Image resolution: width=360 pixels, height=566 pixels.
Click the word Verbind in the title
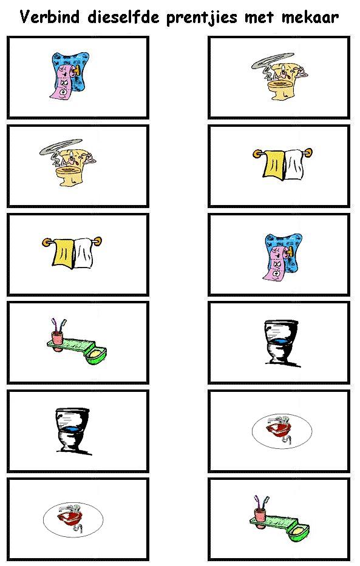click(x=49, y=17)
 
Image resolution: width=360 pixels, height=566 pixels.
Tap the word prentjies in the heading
click(x=202, y=18)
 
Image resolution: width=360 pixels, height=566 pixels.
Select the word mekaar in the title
click(x=310, y=18)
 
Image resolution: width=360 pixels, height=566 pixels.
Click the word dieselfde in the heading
click(x=123, y=17)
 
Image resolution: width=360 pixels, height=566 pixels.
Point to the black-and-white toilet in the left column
click(x=72, y=431)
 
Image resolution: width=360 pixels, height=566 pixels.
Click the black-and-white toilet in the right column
click(x=282, y=343)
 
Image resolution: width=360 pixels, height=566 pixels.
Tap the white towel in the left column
click(x=84, y=253)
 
